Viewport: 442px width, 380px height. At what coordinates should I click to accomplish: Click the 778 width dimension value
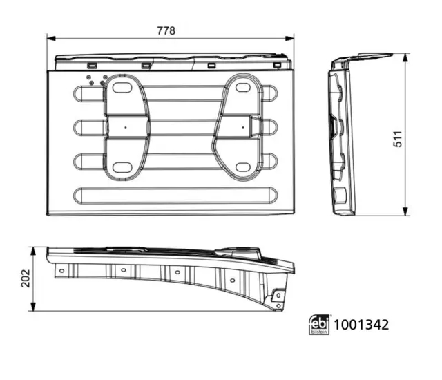pos(166,30)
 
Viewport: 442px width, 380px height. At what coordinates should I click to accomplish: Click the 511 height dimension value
pos(398,139)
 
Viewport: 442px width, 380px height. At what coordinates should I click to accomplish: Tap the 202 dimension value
pos(26,278)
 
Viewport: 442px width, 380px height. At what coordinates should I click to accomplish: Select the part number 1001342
pos(361,325)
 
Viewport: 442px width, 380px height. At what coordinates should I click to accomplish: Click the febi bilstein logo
pos(319,325)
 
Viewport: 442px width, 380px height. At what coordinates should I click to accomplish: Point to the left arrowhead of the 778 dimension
pos(51,38)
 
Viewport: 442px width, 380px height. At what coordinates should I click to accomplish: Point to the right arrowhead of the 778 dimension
pos(290,38)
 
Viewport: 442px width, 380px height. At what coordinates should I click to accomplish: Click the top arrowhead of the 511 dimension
pos(405,57)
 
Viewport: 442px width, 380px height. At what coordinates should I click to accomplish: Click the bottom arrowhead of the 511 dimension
pos(405,211)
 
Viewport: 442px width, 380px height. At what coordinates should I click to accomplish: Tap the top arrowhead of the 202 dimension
pos(33,251)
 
